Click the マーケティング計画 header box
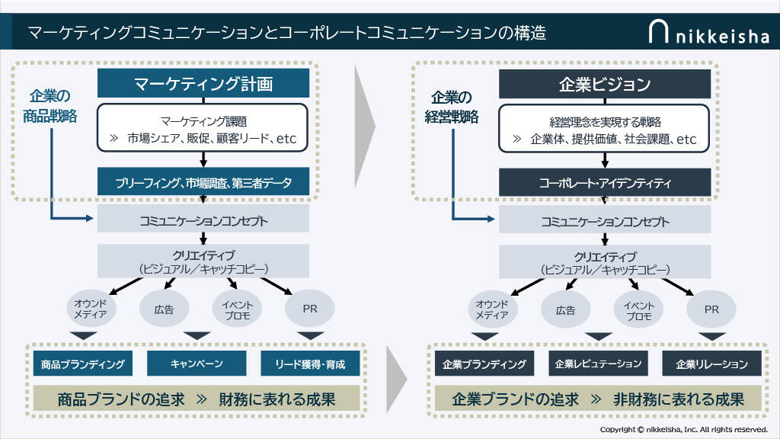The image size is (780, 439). click(203, 83)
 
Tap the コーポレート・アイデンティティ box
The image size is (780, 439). click(605, 182)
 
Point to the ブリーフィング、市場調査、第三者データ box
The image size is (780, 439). click(203, 182)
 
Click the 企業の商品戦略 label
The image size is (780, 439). click(50, 107)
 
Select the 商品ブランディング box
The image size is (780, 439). click(84, 364)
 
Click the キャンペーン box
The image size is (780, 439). click(197, 364)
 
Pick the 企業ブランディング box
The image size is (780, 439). click(484, 364)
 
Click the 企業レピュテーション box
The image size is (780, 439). click(598, 364)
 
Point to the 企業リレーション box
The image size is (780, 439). click(712, 364)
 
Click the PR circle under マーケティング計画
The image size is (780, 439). click(310, 309)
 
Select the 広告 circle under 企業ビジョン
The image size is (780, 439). click(566, 309)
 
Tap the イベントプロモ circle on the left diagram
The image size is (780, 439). click(236, 309)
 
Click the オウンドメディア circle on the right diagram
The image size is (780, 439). click(492, 309)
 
